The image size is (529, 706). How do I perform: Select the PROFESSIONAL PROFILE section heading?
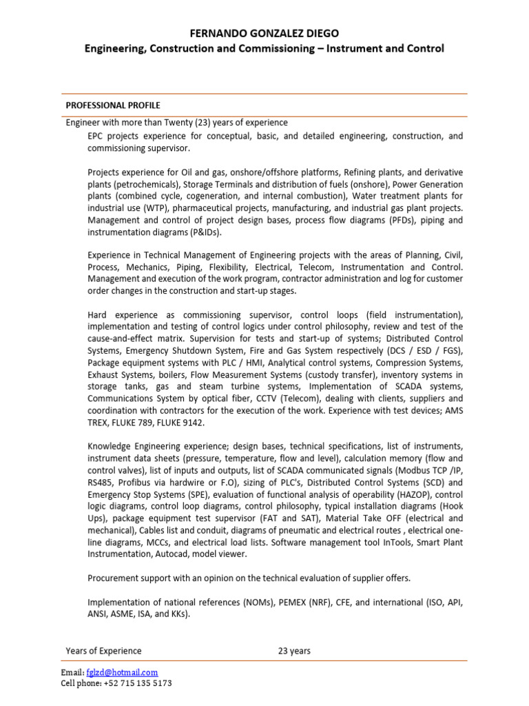(x=113, y=105)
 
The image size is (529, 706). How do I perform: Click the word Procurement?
(x=114, y=577)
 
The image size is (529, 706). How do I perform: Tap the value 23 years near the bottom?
(x=294, y=651)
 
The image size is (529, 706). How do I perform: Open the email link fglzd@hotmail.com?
(x=123, y=672)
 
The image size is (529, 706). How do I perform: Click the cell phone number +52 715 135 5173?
(x=137, y=683)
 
